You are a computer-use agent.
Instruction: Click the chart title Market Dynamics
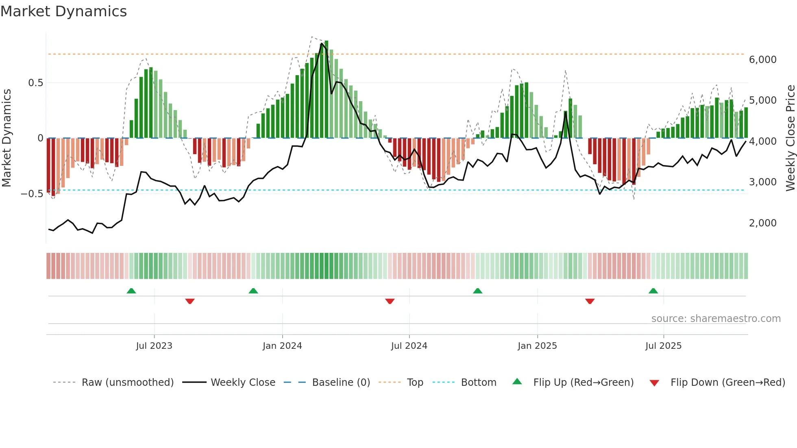64,11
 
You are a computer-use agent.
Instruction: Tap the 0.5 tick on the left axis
35,83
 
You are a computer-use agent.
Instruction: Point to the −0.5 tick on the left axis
32,194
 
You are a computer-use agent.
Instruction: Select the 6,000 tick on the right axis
762,60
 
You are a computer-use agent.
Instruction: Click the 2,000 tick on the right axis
762,223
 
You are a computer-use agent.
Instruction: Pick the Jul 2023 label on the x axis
154,346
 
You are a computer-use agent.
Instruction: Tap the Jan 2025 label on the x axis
537,346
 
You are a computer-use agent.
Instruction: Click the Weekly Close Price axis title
790,138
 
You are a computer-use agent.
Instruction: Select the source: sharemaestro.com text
716,319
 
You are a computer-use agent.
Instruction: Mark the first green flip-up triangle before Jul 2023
131,291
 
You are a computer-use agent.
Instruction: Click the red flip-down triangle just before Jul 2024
390,301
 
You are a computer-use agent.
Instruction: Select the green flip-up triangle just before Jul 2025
653,291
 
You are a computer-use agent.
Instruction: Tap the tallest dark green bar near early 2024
326,89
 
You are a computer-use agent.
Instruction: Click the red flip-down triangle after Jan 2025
590,301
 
